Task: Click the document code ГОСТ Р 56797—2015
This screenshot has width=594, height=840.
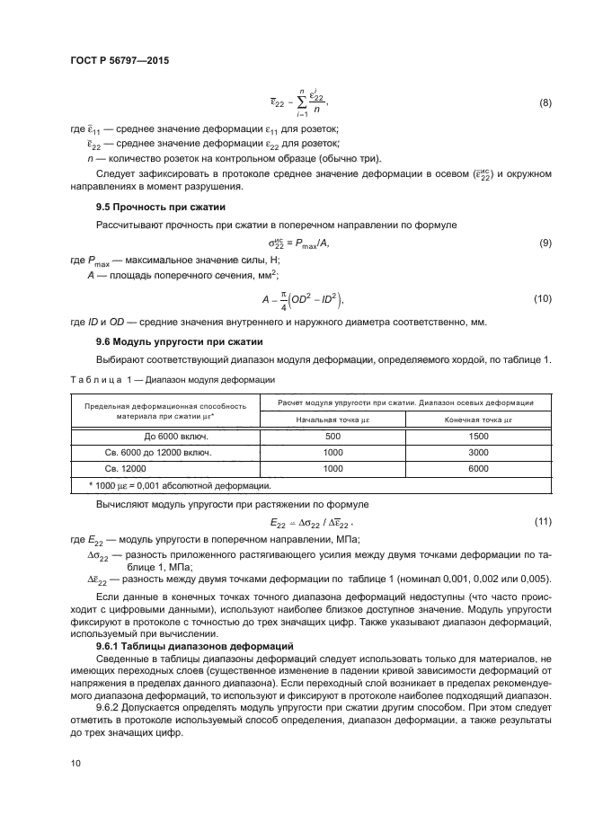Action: pos(119,60)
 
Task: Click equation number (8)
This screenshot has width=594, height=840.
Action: pos(545,103)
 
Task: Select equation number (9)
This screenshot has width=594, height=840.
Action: pos(545,243)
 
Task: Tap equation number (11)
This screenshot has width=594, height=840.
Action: pos(542,521)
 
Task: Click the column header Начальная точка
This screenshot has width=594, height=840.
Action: pos(333,420)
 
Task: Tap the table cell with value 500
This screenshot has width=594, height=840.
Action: pos(333,436)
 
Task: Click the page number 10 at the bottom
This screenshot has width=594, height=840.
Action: pos(75,763)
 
